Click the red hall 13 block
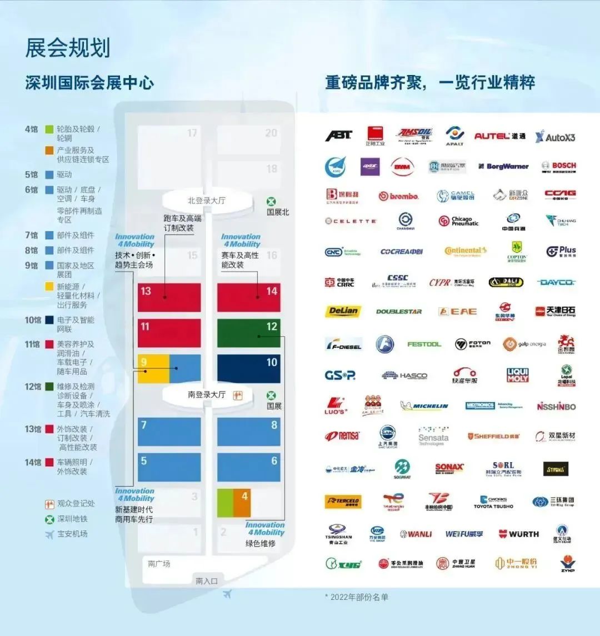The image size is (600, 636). click(169, 297)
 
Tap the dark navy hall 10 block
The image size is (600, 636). click(248, 368)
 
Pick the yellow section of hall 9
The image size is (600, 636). click(153, 369)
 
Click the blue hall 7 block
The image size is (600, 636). click(169, 432)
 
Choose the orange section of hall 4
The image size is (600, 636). click(242, 503)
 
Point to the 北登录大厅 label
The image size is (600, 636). click(206, 201)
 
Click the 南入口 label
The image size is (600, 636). click(207, 581)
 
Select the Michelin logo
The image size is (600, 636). click(424, 406)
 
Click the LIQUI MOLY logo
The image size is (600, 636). click(517, 375)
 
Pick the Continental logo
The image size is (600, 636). click(466, 251)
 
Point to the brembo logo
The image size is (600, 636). click(398, 196)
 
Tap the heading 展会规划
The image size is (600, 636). click(68, 48)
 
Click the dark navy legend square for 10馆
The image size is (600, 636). click(49, 320)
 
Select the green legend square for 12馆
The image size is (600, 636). click(49, 387)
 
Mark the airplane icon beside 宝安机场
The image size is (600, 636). click(50, 534)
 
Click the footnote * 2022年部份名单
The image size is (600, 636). click(356, 597)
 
